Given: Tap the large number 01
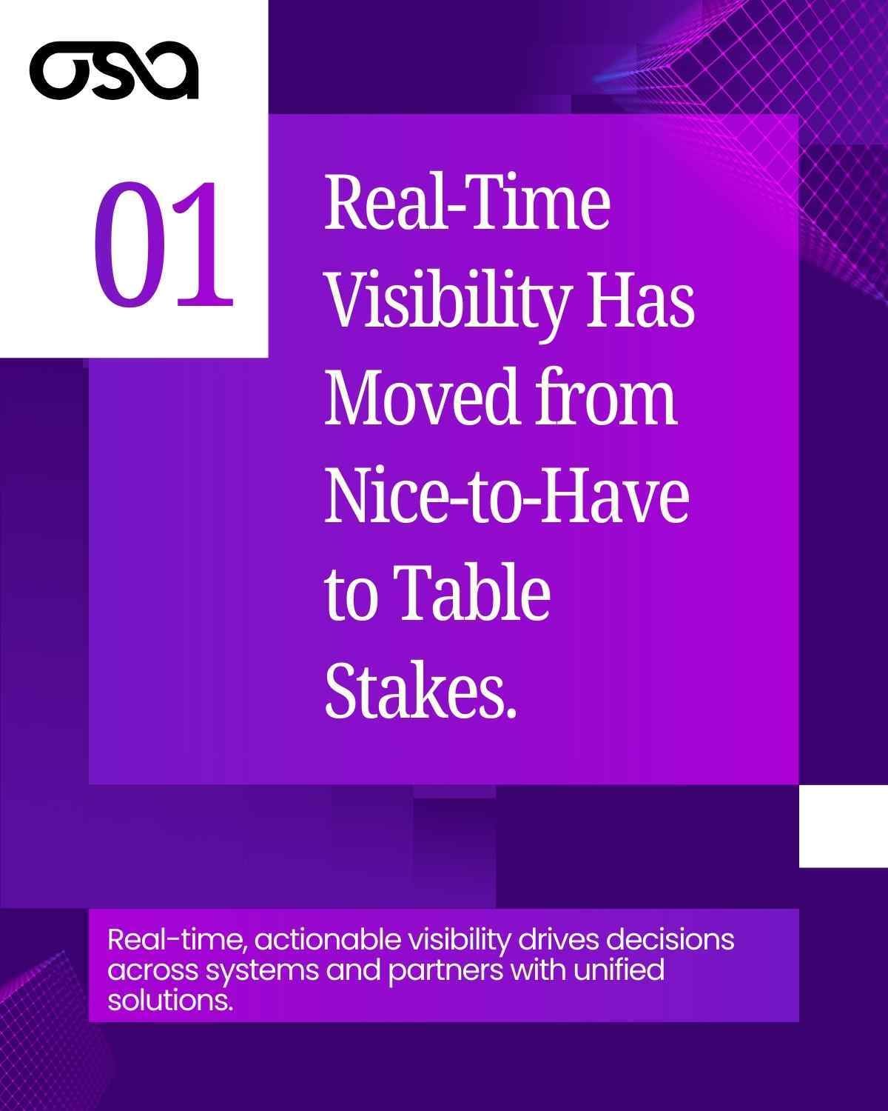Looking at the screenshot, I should point(164,245).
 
